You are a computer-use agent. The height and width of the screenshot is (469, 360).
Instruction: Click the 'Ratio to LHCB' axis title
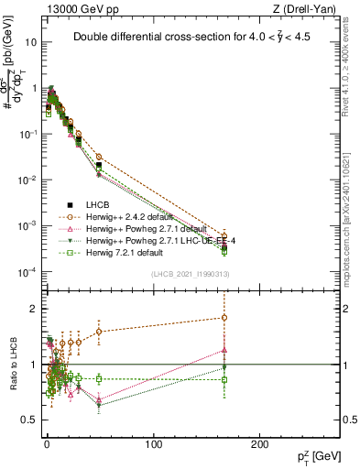(12, 364)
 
